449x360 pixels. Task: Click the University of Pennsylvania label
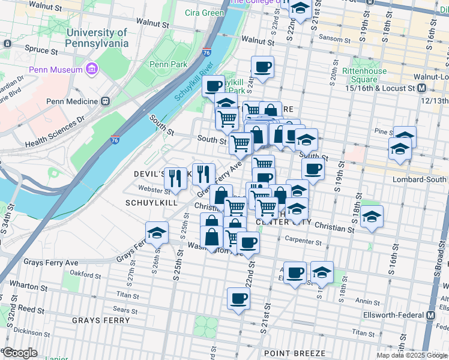[x=97, y=38]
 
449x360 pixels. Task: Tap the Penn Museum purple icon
[x=91, y=70]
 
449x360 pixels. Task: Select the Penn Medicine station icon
[x=106, y=101]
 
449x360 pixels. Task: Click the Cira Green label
[x=205, y=13]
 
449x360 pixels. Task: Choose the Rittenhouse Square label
[x=364, y=75]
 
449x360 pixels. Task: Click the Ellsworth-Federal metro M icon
[x=431, y=316]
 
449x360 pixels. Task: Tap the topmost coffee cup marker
[x=262, y=67]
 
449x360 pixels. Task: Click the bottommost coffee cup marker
[x=238, y=298]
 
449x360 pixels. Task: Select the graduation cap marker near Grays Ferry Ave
[x=157, y=232]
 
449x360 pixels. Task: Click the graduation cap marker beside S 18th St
[x=372, y=216]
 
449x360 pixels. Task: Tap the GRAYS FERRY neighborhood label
[x=100, y=320]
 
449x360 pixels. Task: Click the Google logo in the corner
[x=20, y=353]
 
